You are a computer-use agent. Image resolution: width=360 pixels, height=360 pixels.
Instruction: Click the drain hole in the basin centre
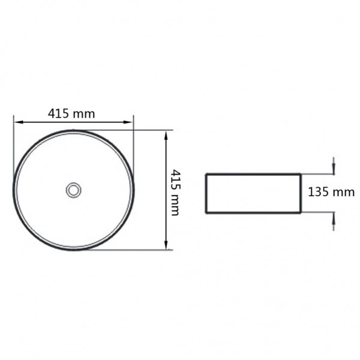[73, 190]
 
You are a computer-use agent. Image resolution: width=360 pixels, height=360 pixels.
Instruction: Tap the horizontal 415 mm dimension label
[71, 113]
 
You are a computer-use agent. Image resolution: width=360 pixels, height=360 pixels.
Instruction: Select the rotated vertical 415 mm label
[176, 193]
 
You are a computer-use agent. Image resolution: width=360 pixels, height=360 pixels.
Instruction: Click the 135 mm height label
[331, 192]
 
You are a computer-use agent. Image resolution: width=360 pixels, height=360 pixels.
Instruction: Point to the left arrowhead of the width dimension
[19, 122]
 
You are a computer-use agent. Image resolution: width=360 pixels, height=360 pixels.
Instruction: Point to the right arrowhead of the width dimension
[128, 122]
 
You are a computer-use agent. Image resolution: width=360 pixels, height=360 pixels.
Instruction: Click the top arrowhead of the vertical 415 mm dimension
[166, 135]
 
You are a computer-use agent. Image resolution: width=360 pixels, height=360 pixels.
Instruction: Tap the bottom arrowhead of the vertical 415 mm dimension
[166, 245]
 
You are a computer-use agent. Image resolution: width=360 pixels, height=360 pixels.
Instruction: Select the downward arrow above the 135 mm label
[334, 166]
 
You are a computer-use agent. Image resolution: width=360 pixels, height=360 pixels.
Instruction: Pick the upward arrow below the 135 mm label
[334, 221]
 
